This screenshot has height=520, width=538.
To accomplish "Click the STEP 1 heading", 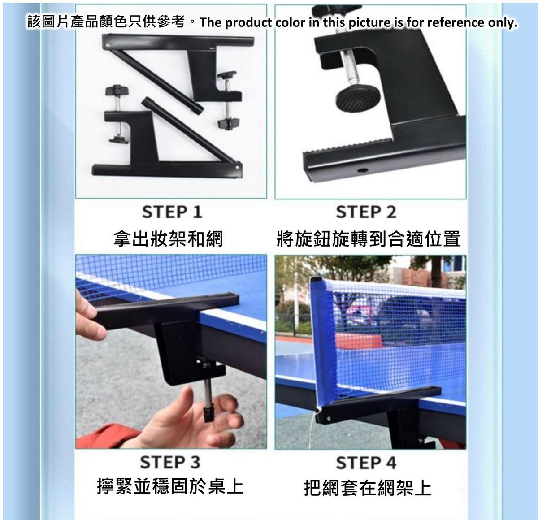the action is point(172,212).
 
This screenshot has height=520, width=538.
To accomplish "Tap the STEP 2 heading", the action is point(366,212).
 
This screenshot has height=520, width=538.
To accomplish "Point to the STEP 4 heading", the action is point(366,463).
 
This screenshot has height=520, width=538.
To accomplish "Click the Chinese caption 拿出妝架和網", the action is point(168,238).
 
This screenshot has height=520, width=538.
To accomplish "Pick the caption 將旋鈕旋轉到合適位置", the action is point(368,238).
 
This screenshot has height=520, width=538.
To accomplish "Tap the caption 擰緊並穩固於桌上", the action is point(170,487).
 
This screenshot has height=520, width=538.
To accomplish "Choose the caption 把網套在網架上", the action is point(368,488).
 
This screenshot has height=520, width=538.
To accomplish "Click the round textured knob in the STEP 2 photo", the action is point(358,99).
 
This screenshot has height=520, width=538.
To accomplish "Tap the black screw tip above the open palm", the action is point(208,414).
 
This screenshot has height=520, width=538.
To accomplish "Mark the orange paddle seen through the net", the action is point(358,341).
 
